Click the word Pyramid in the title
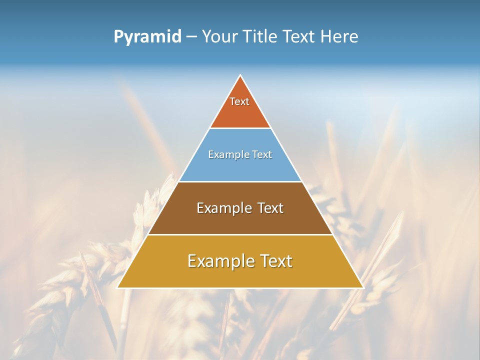(147, 37)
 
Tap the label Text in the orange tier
(239, 101)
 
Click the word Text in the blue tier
(260, 154)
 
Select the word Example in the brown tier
(223, 208)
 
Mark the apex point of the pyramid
(240, 76)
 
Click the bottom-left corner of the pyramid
(118, 287)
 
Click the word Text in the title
(299, 36)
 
